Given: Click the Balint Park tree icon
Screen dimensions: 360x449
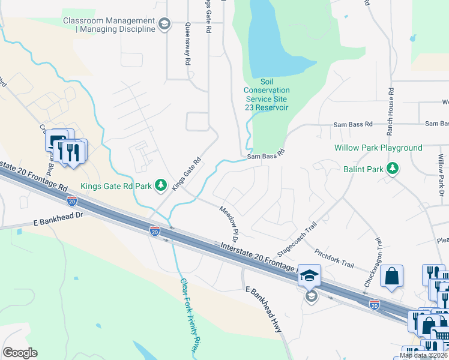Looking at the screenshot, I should tap(393, 169).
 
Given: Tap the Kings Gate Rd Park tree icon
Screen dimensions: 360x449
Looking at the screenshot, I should tap(161, 185).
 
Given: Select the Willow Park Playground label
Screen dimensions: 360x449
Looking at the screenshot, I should tap(379, 148).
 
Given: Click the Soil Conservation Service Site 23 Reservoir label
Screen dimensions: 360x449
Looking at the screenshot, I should tap(267, 94).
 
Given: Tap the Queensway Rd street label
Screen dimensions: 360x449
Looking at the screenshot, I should tap(188, 43).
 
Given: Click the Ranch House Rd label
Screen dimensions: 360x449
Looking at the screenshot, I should tap(390, 110).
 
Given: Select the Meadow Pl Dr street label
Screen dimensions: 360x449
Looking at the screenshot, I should tap(229, 221).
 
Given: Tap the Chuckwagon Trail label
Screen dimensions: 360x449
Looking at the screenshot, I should tap(372, 268).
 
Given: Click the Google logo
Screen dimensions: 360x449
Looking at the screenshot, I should tap(20, 353).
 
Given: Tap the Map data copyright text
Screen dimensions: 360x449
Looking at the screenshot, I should tap(423, 355).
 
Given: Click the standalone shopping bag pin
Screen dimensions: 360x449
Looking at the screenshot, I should tap(391, 277).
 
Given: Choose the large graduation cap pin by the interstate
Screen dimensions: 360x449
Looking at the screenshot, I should tap(310, 276).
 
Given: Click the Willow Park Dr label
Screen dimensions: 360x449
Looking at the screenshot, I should tap(441, 172).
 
